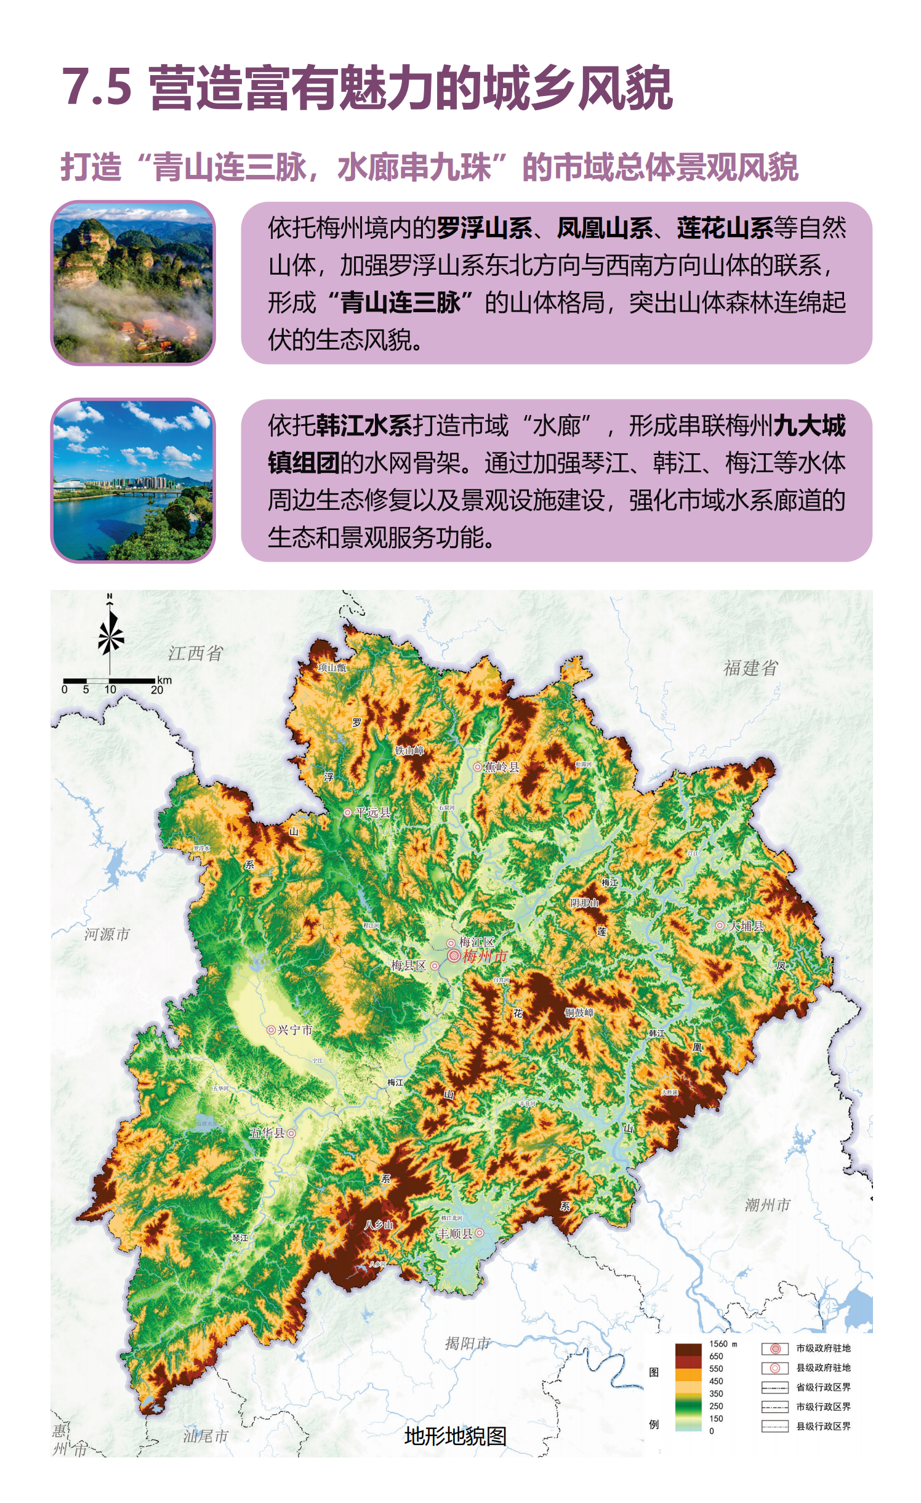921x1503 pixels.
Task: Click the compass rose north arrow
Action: pos(110,634)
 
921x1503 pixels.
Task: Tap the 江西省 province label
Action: pos(195,653)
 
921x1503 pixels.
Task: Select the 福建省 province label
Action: pos(750,667)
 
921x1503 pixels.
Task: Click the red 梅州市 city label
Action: pos(485,956)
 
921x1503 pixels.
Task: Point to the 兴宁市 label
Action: pos(295,1030)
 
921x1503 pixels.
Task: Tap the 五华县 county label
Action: pos(267,1132)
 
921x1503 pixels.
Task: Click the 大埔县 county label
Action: pos(746,925)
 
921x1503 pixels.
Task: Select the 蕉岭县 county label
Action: pos(501,767)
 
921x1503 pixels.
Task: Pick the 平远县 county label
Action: pos(372,812)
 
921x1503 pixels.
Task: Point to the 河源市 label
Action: pos(107,934)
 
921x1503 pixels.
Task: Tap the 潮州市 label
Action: pos(767,1204)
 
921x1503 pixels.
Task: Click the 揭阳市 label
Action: pos(467,1343)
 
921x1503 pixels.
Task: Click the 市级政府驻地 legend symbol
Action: pos(774,1348)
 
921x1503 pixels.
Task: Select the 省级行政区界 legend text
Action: pos(823,1387)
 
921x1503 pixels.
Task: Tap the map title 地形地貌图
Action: pos(455,1436)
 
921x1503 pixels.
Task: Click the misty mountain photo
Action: pos(133,283)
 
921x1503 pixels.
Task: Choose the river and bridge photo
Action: pos(133,480)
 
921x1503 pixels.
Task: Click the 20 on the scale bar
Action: pos(157,690)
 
